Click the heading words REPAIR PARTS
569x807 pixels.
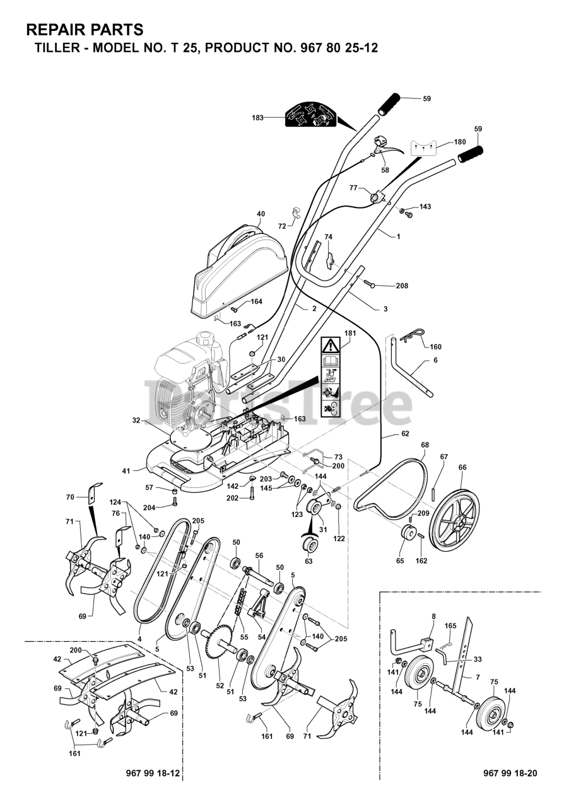[85, 29]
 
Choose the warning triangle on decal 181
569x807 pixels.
[331, 345]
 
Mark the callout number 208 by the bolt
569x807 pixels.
[401, 286]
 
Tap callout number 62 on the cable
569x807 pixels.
[405, 434]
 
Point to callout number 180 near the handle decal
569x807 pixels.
[460, 142]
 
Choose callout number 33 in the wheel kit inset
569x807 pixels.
[478, 659]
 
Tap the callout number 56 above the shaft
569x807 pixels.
[259, 555]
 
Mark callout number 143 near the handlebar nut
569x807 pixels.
[425, 207]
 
